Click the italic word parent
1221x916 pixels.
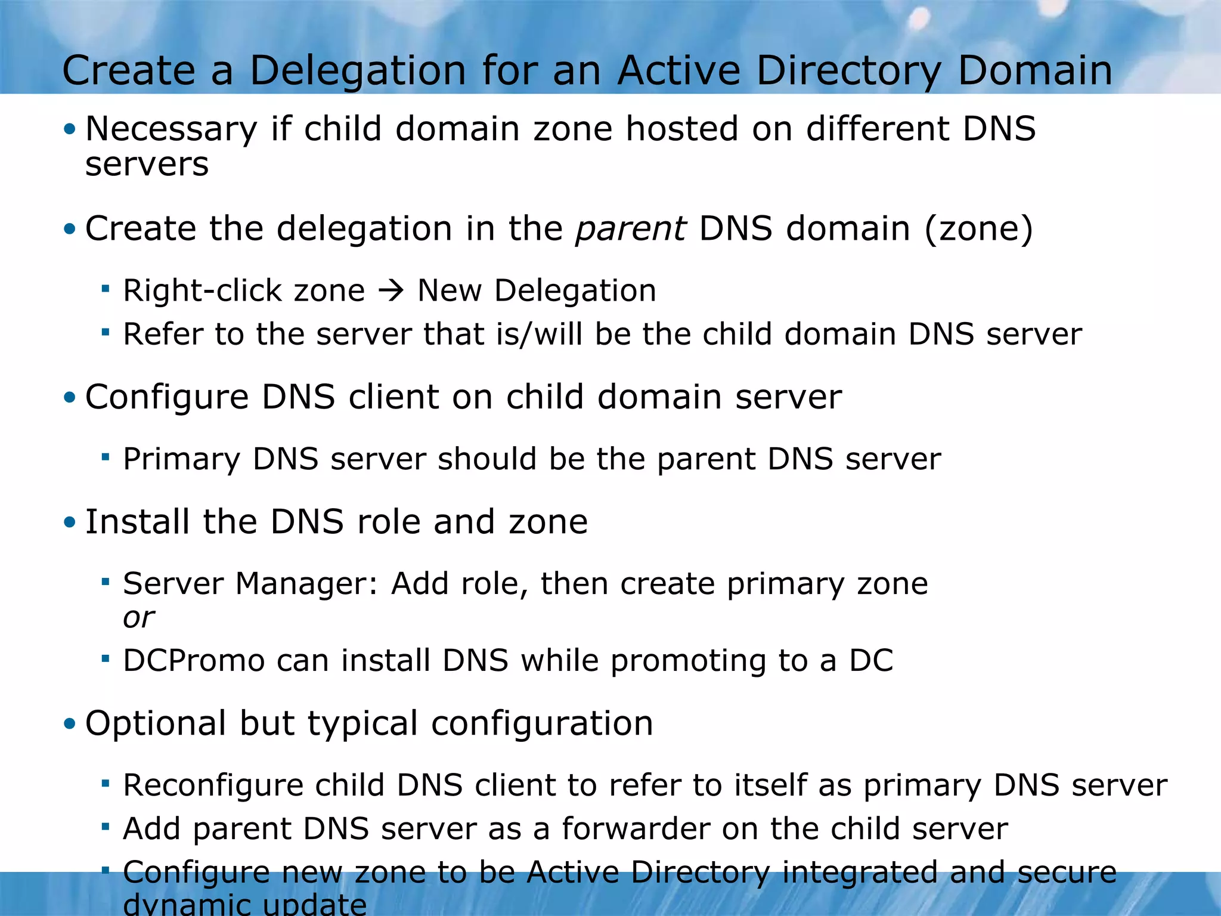tap(630, 229)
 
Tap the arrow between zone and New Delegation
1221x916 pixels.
tap(392, 291)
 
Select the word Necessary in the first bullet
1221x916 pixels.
tap(171, 130)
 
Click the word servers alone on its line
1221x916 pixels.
tap(147, 165)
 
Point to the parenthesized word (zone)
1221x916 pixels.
tap(978, 229)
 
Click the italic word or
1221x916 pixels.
tap(138, 618)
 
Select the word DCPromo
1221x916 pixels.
tap(193, 661)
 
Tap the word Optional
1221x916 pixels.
tap(156, 724)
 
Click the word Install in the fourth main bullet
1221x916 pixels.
tap(137, 522)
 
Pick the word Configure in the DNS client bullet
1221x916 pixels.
tap(166, 398)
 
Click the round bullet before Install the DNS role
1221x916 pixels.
tap(70, 523)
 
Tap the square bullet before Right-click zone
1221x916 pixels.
tap(106, 289)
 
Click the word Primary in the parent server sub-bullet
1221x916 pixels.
tap(181, 460)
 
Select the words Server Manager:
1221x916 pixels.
tap(250, 584)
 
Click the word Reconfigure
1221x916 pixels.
tap(213, 785)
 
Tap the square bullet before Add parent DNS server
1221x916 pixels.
tap(106, 827)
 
